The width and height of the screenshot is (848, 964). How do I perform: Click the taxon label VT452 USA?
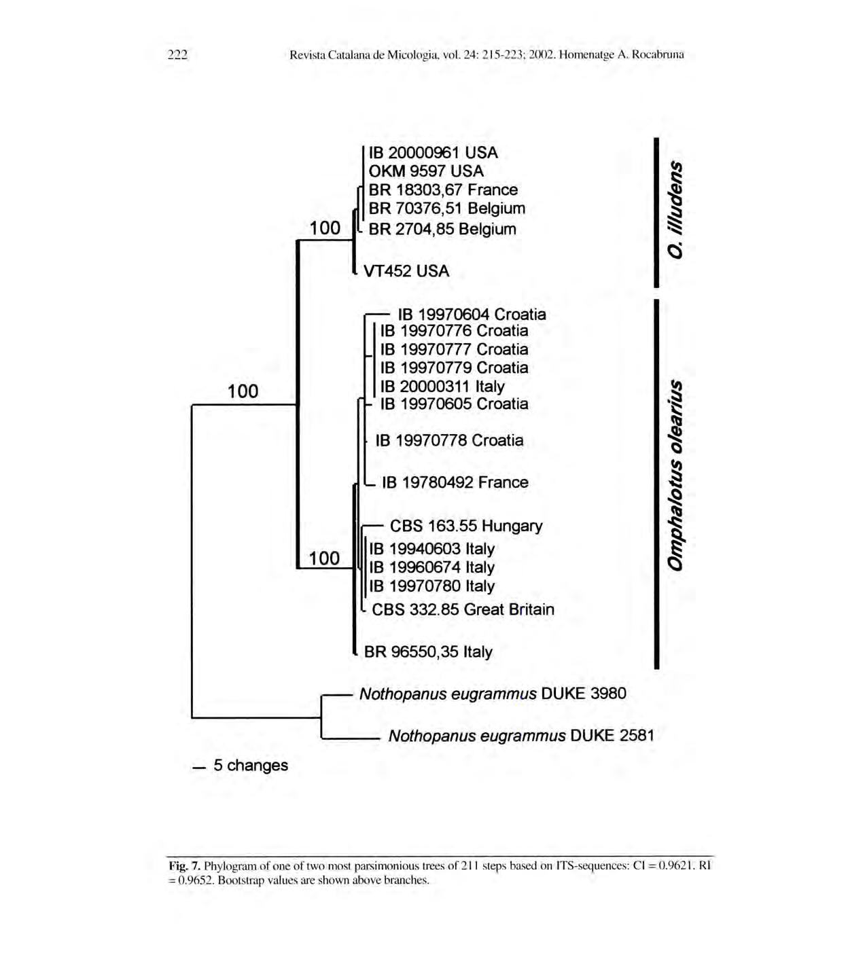click(x=406, y=271)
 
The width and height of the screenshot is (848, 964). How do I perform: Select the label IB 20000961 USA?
click(x=433, y=153)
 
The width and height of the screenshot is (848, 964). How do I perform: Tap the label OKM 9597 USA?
click(x=426, y=171)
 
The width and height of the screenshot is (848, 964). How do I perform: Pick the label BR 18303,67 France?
click(x=443, y=190)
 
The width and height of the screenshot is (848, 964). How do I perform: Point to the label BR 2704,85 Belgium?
click(x=442, y=229)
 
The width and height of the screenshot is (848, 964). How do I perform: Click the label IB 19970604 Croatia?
click(x=472, y=315)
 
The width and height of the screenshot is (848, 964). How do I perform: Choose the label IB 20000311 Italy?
click(x=442, y=387)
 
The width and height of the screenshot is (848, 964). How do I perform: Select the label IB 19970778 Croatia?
click(x=449, y=440)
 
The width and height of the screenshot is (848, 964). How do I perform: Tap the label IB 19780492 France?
click(x=455, y=482)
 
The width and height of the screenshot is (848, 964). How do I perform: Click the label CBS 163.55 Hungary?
click(x=465, y=526)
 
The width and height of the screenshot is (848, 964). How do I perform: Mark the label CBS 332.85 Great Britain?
click(x=463, y=609)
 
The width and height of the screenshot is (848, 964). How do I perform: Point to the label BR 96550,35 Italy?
click(x=428, y=652)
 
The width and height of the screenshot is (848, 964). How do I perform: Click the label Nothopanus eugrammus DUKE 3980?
click(x=493, y=694)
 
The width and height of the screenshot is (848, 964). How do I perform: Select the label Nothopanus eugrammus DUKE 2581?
click(x=521, y=736)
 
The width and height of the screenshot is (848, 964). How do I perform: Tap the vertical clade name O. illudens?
click(x=675, y=209)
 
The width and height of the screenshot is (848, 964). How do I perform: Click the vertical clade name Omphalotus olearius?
click(x=675, y=475)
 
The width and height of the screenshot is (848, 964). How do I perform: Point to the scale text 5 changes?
click(x=250, y=766)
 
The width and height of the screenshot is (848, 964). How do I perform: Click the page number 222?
click(x=177, y=55)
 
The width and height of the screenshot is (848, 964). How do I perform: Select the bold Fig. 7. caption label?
click(x=185, y=865)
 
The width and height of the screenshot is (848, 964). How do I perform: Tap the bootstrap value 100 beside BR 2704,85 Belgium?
click(x=325, y=228)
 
